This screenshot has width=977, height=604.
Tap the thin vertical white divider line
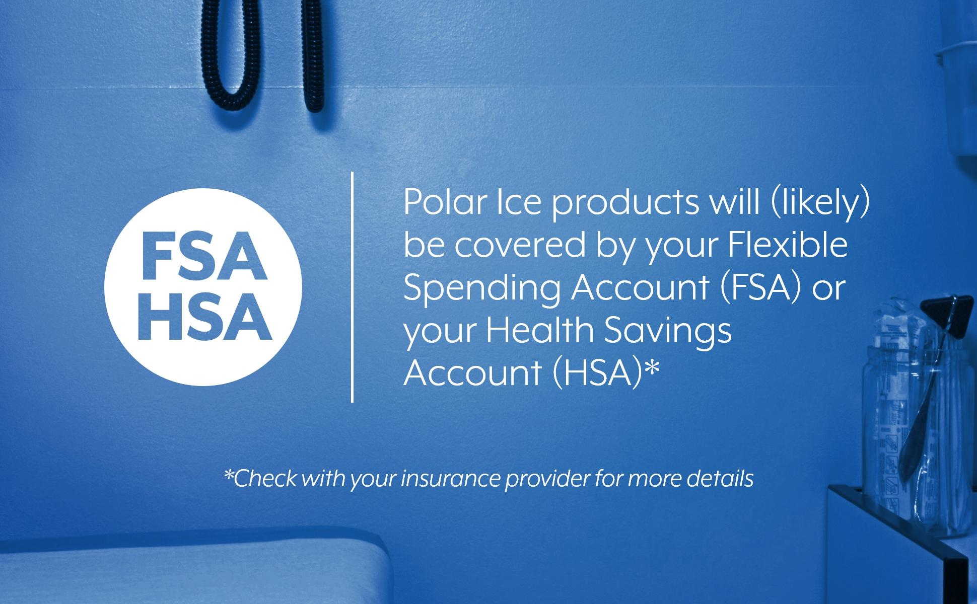click(352, 287)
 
